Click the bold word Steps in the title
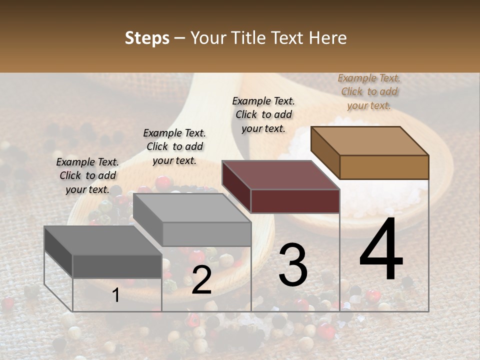tap(147, 38)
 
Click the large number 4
tap(381, 249)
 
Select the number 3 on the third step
tap(293, 265)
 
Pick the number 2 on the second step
tap(201, 280)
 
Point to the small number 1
tap(116, 295)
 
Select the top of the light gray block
tap(192, 207)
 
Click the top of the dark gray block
tap(103, 240)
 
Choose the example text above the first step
tap(87, 175)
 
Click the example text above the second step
tap(174, 146)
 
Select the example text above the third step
tap(263, 114)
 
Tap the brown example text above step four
tap(369, 91)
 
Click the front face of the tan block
tap(384, 167)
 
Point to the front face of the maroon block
tap(295, 201)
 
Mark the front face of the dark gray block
tap(117, 266)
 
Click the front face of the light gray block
tap(206, 234)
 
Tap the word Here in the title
tap(328, 38)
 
